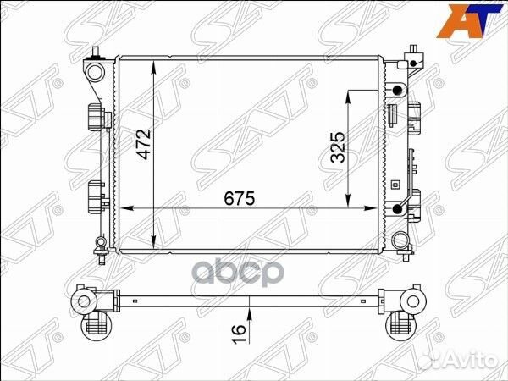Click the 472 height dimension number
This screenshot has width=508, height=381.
144,144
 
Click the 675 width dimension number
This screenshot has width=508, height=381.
240,198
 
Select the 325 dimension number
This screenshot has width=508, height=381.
338,147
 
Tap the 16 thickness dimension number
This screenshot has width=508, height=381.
239,334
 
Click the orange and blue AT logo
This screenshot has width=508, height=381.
469,21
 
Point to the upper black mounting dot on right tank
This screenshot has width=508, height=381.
397,91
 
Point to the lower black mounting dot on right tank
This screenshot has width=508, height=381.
397,209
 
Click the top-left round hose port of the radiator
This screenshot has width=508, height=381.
95,72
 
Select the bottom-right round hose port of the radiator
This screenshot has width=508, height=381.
400,240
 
